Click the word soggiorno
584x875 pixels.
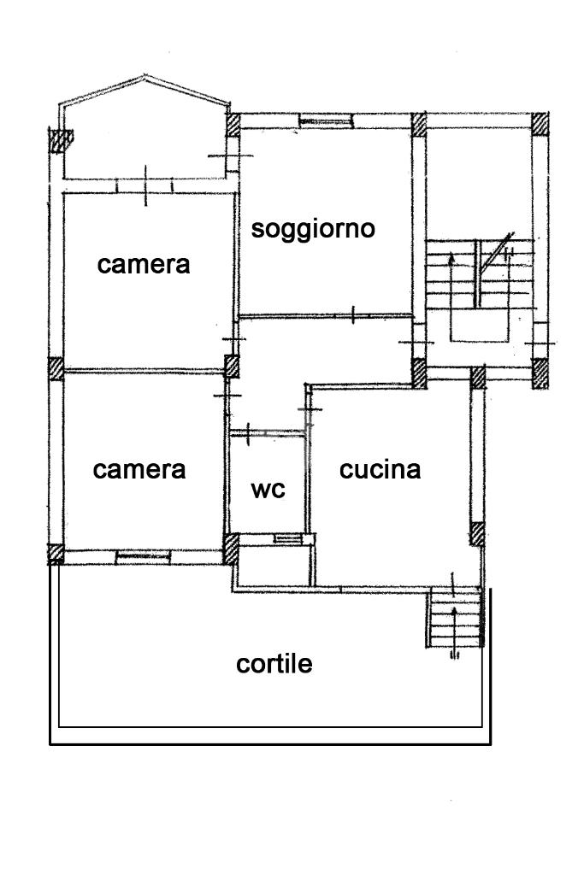pyautogui.click(x=314, y=229)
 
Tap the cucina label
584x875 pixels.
pyautogui.click(x=380, y=469)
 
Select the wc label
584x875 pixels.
pyautogui.click(x=268, y=490)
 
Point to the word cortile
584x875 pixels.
pyautogui.click(x=274, y=664)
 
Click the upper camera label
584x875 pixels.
pyautogui.click(x=144, y=264)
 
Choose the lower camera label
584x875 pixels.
pyautogui.click(x=139, y=469)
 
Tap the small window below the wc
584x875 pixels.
pyautogui.click(x=287, y=537)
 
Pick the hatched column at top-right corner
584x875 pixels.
pyautogui.click(x=540, y=125)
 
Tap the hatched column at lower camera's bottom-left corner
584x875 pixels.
pyautogui.click(x=56, y=553)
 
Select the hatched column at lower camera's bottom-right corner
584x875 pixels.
pyautogui.click(x=231, y=548)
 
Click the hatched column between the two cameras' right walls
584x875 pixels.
pyautogui.click(x=232, y=367)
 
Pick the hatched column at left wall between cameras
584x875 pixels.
pyautogui.click(x=56, y=368)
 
